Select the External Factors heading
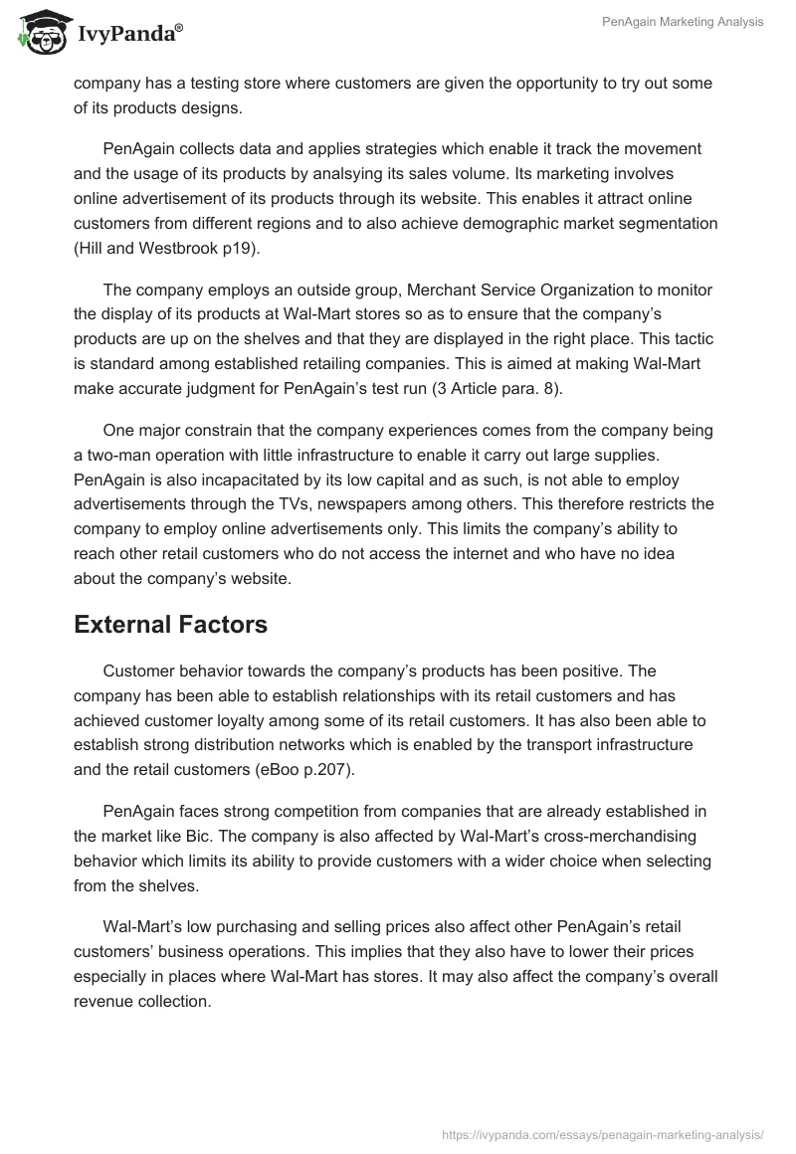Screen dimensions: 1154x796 (x=170, y=625)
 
